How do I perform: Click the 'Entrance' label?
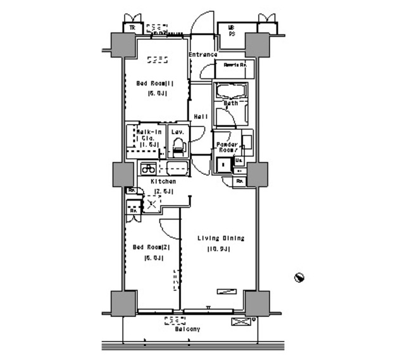202,55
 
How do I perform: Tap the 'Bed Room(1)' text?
154,83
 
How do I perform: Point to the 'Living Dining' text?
220,238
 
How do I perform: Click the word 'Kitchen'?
163,181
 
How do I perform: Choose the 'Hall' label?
201,116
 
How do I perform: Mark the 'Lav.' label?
178,132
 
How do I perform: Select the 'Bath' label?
230,102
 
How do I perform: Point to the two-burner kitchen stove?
148,168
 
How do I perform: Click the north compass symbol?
299,277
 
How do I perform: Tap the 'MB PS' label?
232,29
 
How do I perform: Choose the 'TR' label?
132,28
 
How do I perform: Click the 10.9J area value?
218,249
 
